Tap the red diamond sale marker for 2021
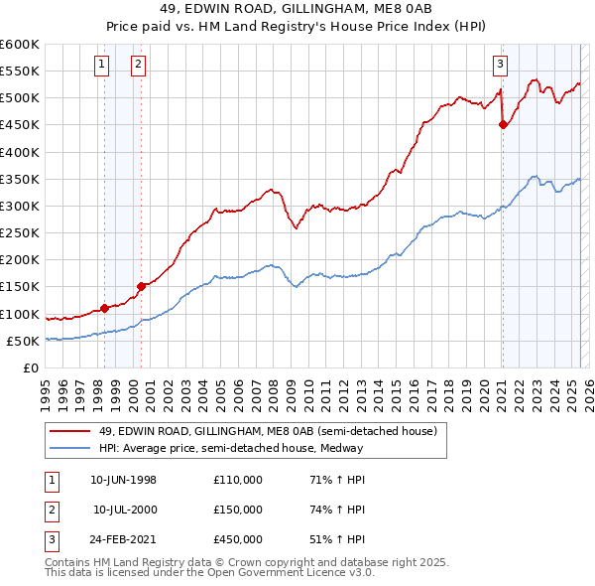(x=503, y=125)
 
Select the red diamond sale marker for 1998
(x=105, y=308)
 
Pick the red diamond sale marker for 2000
(x=141, y=286)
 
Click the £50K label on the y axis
(x=23, y=341)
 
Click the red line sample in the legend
(x=69, y=431)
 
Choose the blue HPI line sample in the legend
(x=69, y=448)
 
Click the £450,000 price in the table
(x=238, y=541)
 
